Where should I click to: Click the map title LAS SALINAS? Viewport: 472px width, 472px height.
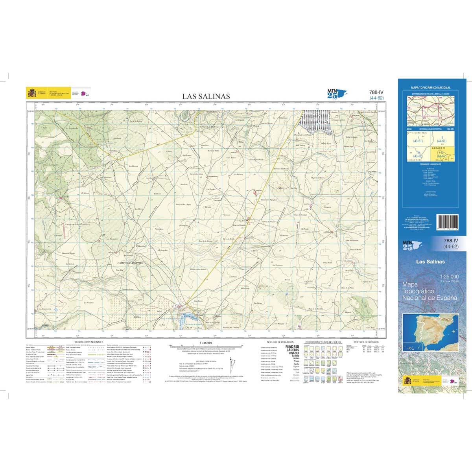click(206, 96)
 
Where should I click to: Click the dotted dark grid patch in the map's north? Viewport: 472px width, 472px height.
click(315, 120)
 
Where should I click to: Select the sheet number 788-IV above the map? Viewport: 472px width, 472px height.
click(376, 92)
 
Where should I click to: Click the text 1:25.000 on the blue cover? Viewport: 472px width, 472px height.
click(448, 277)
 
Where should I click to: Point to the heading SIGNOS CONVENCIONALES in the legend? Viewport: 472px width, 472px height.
click(86, 342)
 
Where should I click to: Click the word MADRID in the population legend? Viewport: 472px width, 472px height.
click(292, 347)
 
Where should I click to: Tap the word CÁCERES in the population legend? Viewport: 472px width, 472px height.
click(292, 350)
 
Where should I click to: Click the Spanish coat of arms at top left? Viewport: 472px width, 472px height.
click(31, 93)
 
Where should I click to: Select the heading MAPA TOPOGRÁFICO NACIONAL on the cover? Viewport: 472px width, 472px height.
click(431, 88)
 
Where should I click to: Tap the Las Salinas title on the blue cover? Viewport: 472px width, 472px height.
click(430, 262)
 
